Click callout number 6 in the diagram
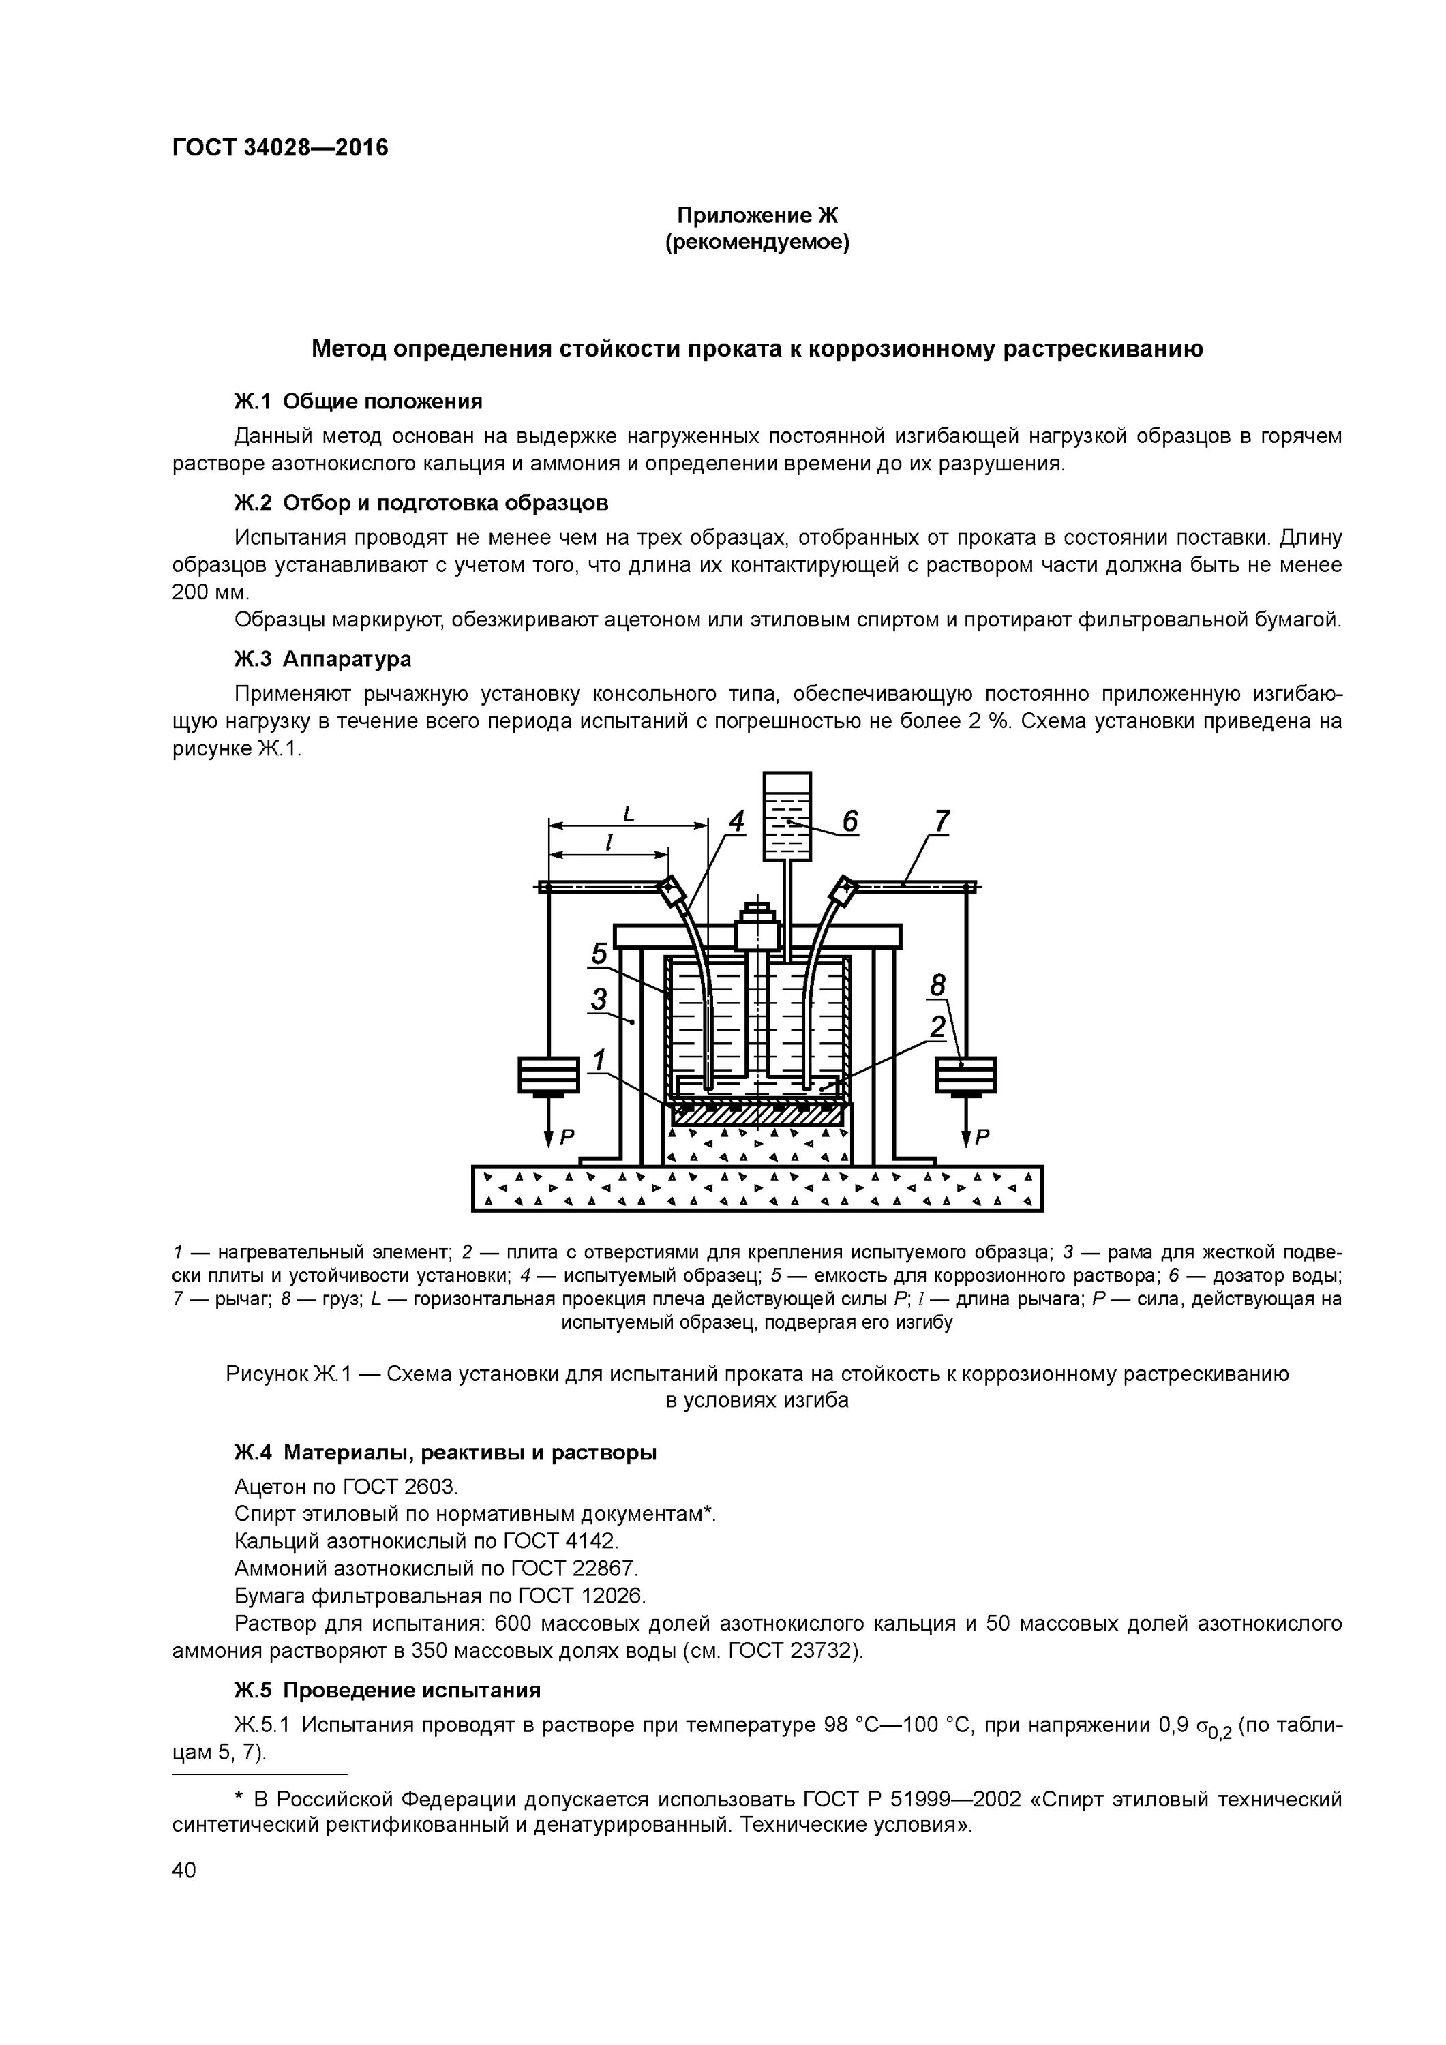(850, 821)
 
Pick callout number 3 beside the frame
(600, 1000)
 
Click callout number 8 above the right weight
(937, 985)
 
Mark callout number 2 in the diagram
(937, 1027)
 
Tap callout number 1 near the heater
(600, 1060)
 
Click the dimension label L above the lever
(628, 813)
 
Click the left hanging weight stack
(549, 1074)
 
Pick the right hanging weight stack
(966, 1074)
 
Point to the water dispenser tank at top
(787, 816)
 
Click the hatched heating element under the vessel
(757, 1113)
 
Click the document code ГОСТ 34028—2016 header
(280, 148)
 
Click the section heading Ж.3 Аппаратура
(322, 659)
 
